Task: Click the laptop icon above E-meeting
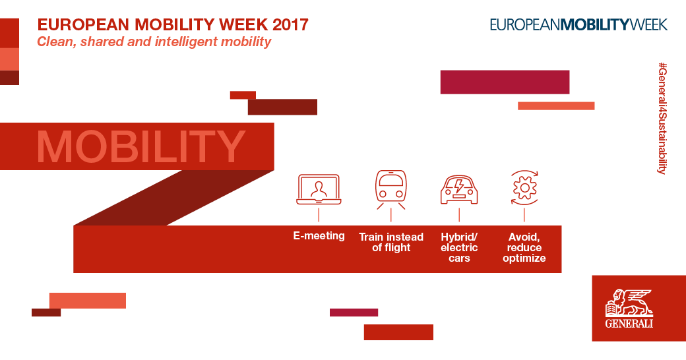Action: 319,189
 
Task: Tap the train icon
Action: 390,189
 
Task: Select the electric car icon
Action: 459,190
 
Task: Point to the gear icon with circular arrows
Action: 524,188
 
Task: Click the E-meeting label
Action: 319,236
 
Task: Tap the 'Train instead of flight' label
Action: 391,243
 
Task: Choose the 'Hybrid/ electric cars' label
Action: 459,247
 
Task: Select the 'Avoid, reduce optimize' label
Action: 524,247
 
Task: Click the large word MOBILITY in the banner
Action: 141,147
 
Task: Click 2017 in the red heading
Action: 290,24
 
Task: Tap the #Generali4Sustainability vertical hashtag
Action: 662,119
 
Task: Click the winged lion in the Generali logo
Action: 629,302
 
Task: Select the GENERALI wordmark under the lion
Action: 629,324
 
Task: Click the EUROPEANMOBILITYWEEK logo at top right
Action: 578,24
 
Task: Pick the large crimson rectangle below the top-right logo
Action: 505,82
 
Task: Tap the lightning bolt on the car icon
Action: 459,186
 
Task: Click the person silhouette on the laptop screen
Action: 319,189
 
